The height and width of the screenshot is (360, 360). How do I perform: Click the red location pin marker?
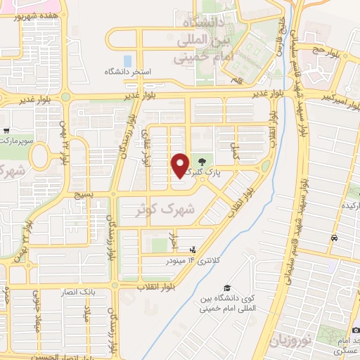click(181, 165)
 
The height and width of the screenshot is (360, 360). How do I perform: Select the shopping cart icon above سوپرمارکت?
click(6, 131)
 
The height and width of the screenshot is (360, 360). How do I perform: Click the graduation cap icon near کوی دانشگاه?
click(227, 288)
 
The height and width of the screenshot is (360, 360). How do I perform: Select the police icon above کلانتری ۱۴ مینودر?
click(193, 250)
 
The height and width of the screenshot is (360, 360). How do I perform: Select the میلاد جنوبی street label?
click(37, 309)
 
